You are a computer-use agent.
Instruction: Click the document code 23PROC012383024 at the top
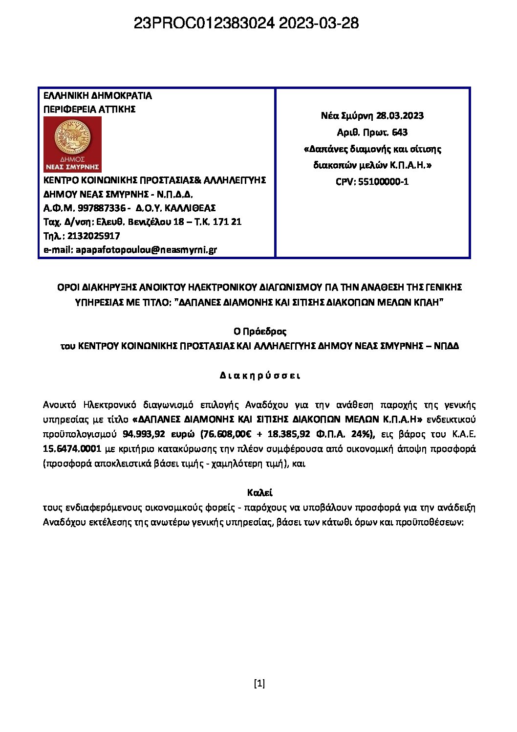point(204,23)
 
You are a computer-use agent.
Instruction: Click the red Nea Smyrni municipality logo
point(72,144)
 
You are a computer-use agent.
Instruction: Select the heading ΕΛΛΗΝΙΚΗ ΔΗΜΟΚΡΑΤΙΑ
point(98,96)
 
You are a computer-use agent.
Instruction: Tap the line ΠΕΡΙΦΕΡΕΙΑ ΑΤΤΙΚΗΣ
point(89,110)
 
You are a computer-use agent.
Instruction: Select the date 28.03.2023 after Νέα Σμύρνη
point(400,116)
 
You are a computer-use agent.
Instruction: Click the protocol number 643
point(399,133)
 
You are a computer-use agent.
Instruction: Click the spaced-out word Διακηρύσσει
point(259,376)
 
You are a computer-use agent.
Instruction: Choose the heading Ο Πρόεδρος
point(259,332)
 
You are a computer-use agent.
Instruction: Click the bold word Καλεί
point(259,492)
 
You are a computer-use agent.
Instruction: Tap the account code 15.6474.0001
point(72,449)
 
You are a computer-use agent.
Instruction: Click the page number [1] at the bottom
point(259,684)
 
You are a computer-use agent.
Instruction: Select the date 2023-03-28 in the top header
point(319,23)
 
